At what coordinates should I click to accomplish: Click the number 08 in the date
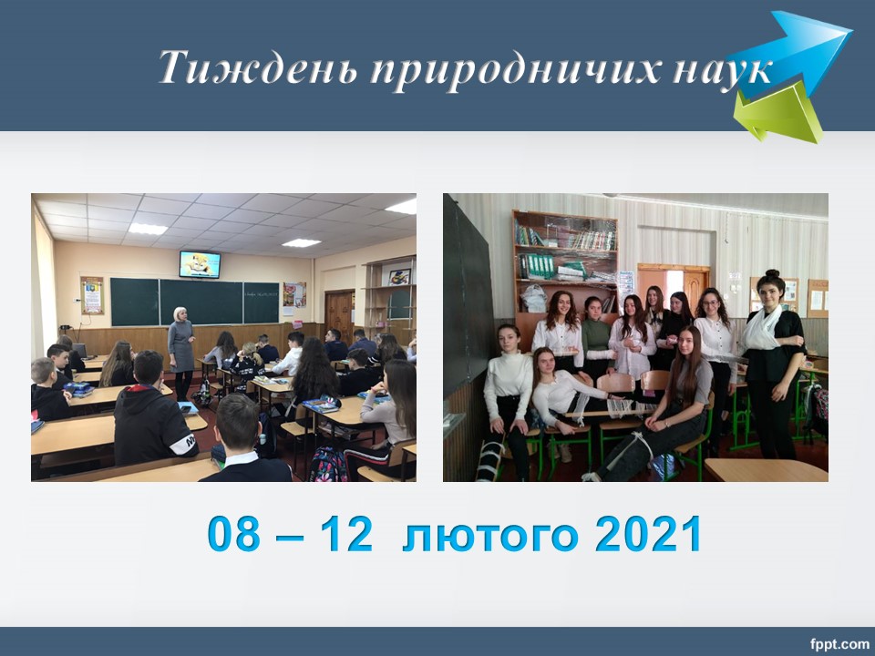[234, 534]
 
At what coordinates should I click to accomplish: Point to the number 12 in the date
[346, 534]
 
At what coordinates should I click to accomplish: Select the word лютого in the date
[490, 536]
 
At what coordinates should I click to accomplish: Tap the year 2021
[647, 534]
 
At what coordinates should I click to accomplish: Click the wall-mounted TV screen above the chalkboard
[200, 264]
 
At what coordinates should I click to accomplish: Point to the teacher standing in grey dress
[180, 353]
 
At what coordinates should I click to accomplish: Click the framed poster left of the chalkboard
[92, 295]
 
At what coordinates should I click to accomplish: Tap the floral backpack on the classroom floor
[327, 464]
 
